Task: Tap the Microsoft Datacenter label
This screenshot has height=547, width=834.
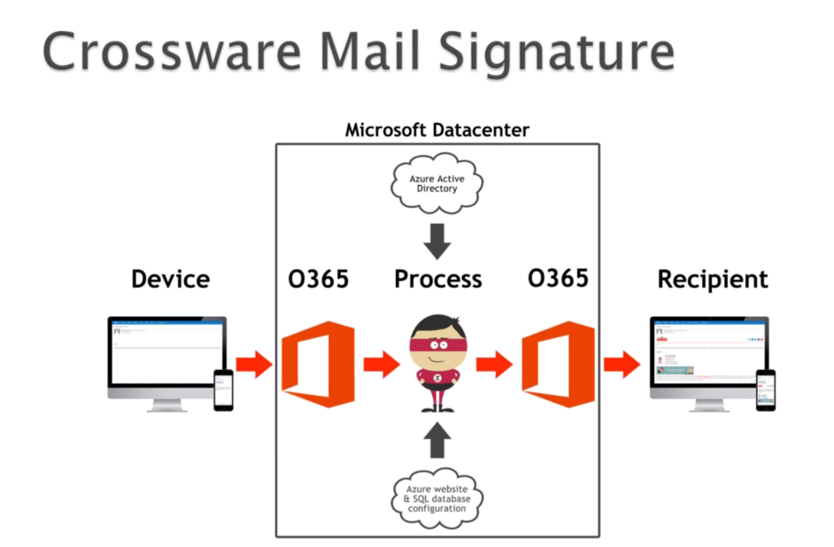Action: click(436, 130)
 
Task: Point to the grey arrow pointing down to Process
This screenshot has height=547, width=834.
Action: click(437, 238)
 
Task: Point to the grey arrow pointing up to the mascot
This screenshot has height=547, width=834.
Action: click(437, 440)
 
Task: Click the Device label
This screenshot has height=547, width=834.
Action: click(170, 280)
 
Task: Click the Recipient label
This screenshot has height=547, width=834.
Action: click(713, 280)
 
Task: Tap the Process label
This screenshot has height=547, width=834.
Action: click(437, 280)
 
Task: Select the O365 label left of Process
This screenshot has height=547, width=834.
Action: click(319, 280)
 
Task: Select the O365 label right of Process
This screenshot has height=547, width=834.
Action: click(558, 279)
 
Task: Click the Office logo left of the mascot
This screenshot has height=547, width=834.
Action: click(318, 364)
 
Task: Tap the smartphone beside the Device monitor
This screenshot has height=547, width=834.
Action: click(224, 389)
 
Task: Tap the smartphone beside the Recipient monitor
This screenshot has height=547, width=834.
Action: click(765, 389)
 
